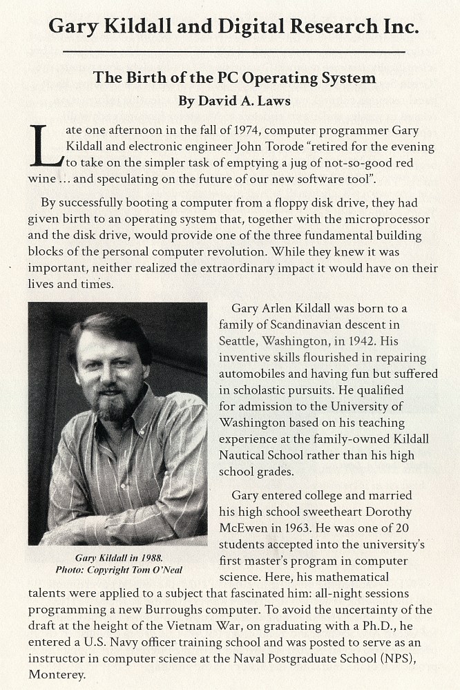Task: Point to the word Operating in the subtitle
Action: tap(269, 77)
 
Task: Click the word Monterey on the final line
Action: tap(57, 673)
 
